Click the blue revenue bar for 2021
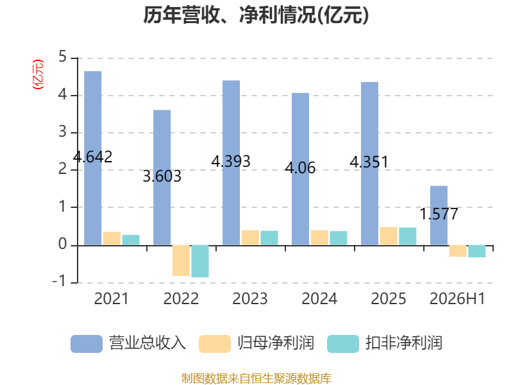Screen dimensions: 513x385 [x=92, y=158]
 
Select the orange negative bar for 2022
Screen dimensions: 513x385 [x=181, y=261]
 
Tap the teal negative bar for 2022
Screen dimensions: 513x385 [x=200, y=261]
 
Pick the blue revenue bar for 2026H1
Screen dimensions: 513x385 [x=439, y=216]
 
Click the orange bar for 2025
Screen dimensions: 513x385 [x=389, y=235]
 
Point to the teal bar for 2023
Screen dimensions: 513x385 [x=269, y=237]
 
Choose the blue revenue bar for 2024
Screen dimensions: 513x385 [x=300, y=169]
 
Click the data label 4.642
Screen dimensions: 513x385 [x=92, y=157]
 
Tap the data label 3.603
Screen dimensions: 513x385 [x=162, y=176]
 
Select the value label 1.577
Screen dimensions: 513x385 [x=439, y=214]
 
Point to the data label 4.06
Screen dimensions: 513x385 [x=300, y=168]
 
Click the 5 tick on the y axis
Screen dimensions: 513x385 [x=62, y=57]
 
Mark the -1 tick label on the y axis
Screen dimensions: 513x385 [x=59, y=282]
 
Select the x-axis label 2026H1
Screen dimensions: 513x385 [x=457, y=298]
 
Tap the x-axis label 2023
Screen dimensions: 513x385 [x=250, y=298]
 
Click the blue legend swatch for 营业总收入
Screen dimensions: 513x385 [x=87, y=344]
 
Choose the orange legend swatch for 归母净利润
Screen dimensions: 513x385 [x=215, y=344]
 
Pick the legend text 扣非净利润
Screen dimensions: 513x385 [x=404, y=343]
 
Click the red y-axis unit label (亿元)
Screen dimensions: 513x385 [x=38, y=74]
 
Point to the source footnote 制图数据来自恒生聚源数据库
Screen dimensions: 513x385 [x=256, y=379]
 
